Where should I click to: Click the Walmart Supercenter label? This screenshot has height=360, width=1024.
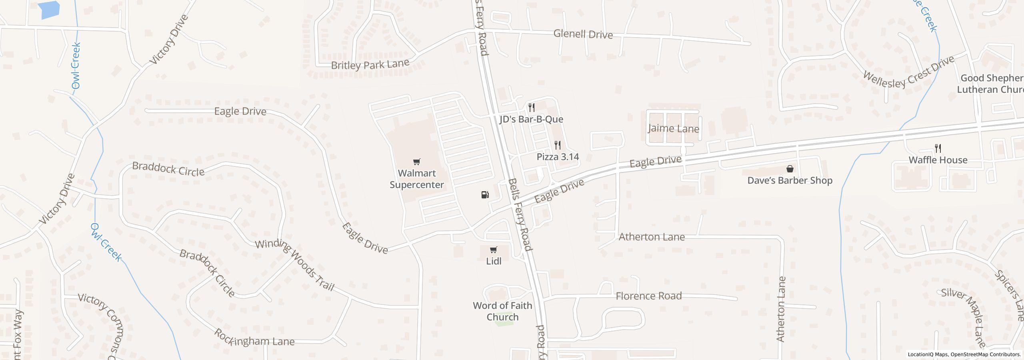click(x=416, y=179)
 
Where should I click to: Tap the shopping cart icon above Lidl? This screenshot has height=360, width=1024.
click(x=493, y=250)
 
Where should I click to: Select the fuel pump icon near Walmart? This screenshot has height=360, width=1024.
click(x=485, y=195)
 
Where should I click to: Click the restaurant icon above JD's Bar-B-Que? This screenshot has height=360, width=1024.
click(x=531, y=107)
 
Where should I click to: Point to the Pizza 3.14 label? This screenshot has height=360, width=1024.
click(x=558, y=157)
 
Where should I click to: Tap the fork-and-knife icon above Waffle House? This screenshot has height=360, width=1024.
click(x=938, y=148)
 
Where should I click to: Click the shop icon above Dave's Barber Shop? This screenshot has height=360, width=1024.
click(x=790, y=169)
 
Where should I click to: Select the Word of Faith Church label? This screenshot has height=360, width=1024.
click(x=502, y=311)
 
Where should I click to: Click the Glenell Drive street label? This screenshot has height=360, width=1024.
click(x=583, y=34)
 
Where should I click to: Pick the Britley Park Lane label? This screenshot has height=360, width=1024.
click(x=370, y=64)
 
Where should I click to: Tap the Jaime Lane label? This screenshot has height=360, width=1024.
click(x=673, y=129)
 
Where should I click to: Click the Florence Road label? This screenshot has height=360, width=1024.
click(x=648, y=296)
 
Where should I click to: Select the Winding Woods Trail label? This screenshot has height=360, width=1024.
click(x=295, y=265)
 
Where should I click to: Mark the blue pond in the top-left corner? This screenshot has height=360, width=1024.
click(x=50, y=10)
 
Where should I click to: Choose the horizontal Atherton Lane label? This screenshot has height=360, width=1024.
click(x=652, y=237)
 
